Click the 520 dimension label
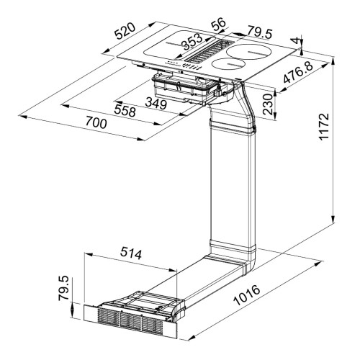[x=125, y=31]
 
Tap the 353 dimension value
[x=192, y=41]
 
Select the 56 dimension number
[x=218, y=24]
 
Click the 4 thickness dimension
[x=297, y=40]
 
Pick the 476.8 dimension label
[x=298, y=72]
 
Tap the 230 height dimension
[x=268, y=104]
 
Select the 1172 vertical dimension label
[x=324, y=127]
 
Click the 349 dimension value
[x=156, y=104]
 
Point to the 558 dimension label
[x=125, y=111]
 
